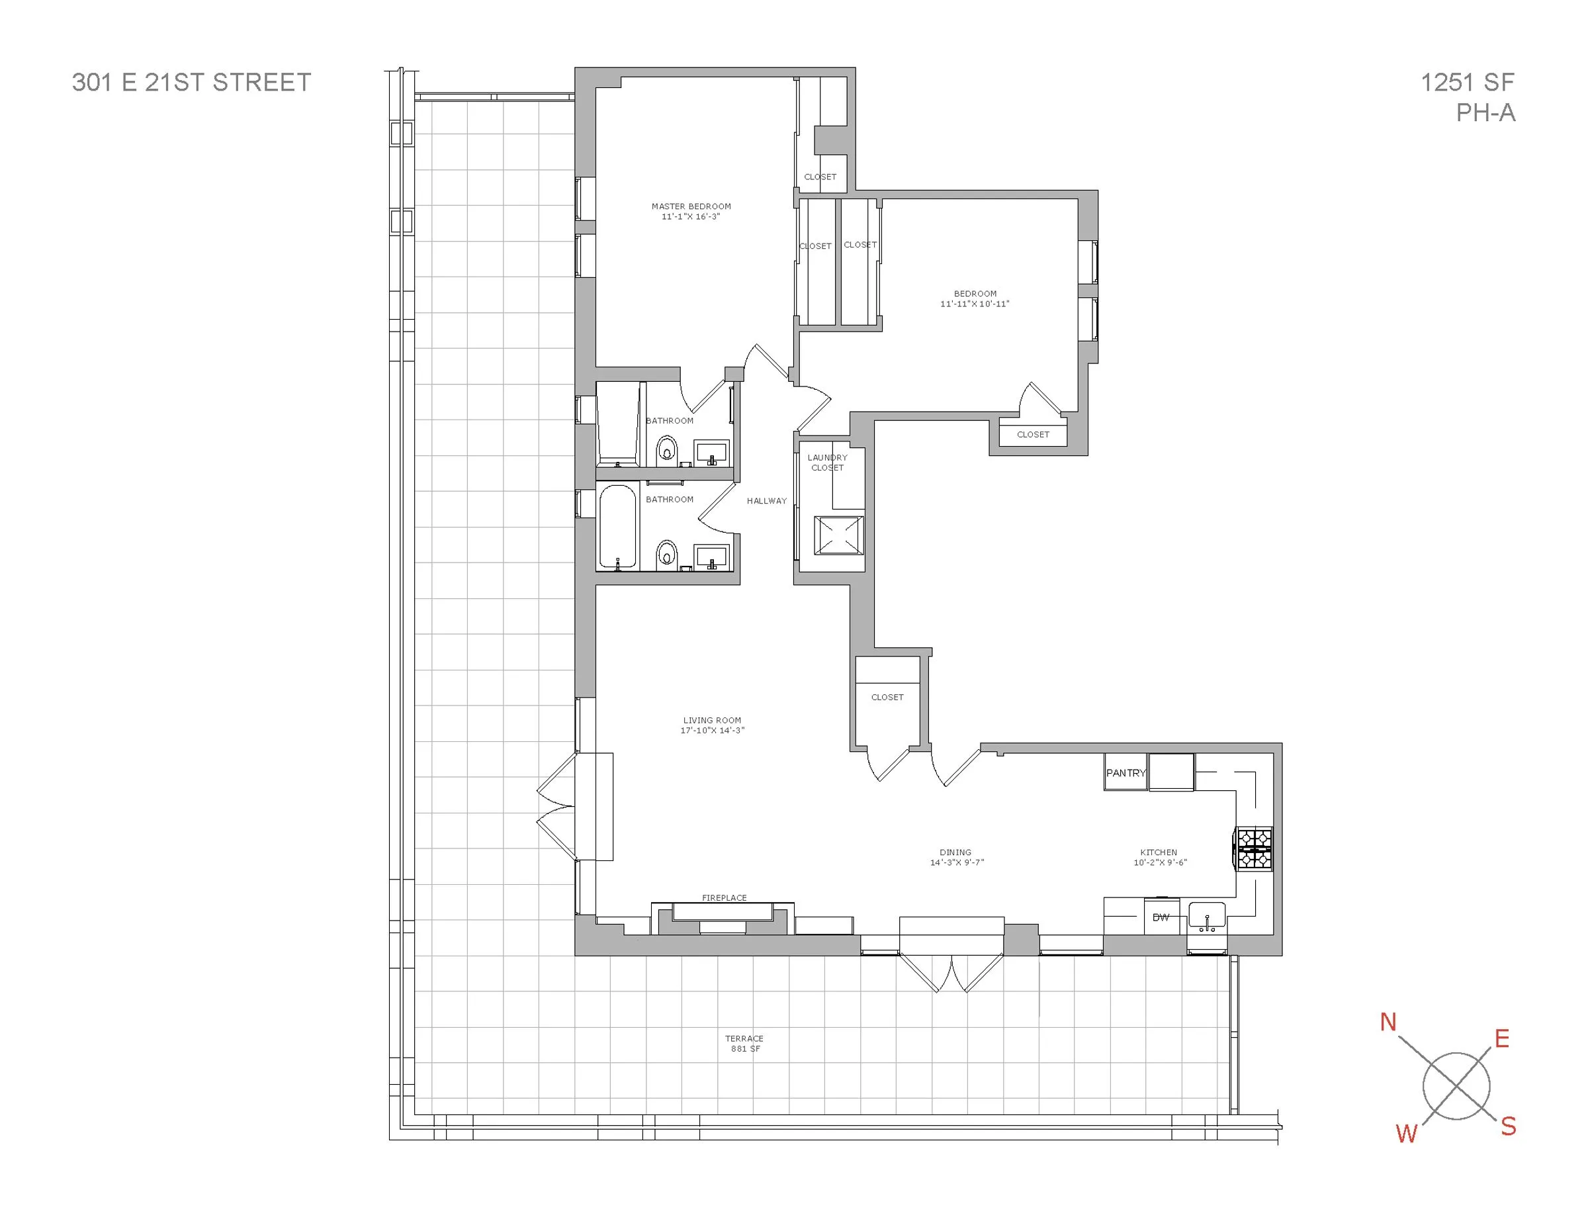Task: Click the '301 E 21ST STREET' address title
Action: click(x=191, y=82)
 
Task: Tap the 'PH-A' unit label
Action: click(x=1485, y=113)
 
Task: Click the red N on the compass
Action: click(x=1388, y=1022)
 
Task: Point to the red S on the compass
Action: click(x=1508, y=1126)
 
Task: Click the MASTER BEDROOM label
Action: click(x=691, y=206)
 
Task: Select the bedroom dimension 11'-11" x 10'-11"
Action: click(x=975, y=304)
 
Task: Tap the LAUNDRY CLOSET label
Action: click(x=828, y=463)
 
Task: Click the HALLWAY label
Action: click(x=766, y=500)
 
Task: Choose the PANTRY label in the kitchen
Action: click(x=1125, y=773)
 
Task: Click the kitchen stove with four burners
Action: click(x=1255, y=849)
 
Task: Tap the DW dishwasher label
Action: click(x=1161, y=917)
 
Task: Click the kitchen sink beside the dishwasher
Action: click(x=1207, y=915)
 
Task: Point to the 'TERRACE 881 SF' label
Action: click(x=744, y=1043)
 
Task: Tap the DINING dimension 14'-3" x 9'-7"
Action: click(x=956, y=862)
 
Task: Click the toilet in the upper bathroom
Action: click(x=666, y=449)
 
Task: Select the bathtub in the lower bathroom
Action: click(x=617, y=527)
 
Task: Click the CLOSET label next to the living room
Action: click(x=887, y=697)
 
